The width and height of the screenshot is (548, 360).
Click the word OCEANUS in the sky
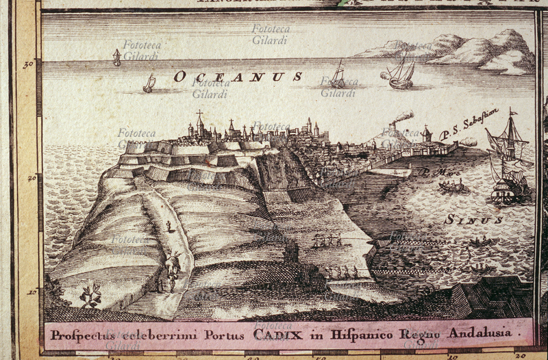point(238,77)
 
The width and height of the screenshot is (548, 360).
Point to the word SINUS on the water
point(473,220)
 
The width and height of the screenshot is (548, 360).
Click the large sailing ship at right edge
point(509,164)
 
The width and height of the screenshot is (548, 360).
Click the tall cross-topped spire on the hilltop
point(200,123)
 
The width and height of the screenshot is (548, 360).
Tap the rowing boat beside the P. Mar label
point(451,185)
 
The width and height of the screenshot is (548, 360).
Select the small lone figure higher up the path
point(169,226)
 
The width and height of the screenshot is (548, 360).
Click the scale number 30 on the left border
point(28,65)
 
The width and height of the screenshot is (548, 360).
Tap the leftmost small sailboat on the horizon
point(116,58)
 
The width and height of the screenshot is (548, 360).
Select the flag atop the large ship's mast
point(512,111)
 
